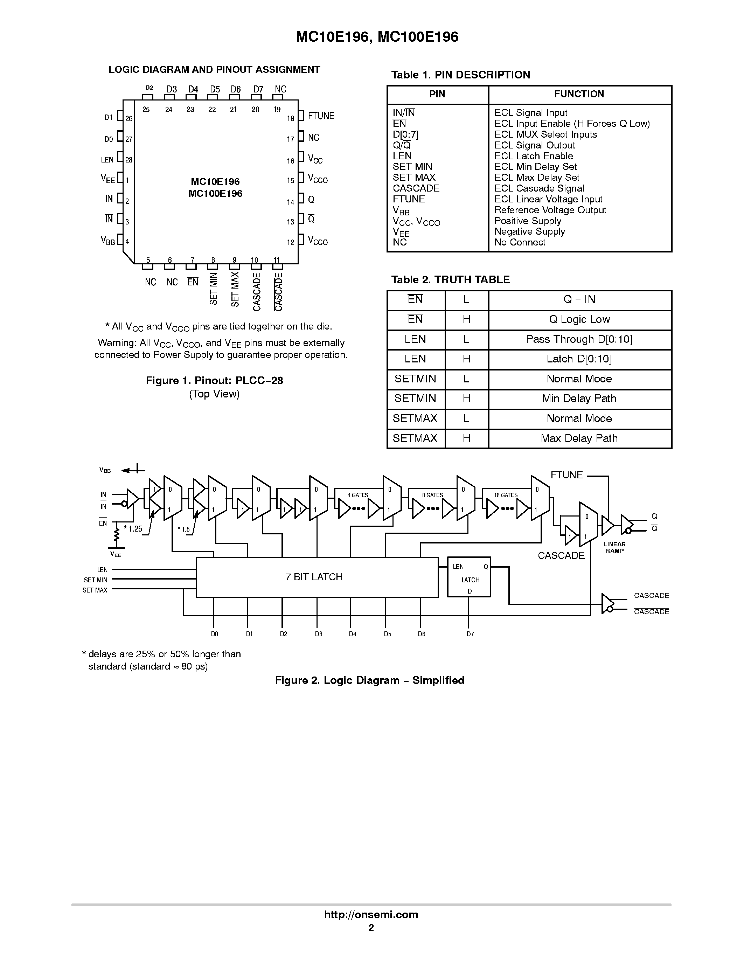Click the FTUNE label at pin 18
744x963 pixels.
click(321, 116)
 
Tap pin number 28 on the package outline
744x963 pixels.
click(129, 160)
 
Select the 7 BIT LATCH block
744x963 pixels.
click(314, 577)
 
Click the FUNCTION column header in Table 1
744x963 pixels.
click(579, 94)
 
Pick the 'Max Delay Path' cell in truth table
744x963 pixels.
click(579, 438)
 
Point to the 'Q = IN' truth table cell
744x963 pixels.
click(579, 299)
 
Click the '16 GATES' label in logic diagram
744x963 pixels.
click(506, 495)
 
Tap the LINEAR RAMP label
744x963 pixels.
click(614, 548)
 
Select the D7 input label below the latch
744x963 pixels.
click(470, 634)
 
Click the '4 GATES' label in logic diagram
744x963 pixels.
click(357, 495)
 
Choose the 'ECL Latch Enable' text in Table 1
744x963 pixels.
click(533, 156)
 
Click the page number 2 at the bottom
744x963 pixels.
click(371, 927)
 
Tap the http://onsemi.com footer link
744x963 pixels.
click(371, 914)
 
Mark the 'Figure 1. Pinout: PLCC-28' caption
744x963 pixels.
click(214, 381)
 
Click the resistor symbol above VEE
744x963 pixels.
click(117, 536)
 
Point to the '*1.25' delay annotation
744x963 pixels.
click(133, 529)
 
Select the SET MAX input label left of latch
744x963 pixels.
click(95, 590)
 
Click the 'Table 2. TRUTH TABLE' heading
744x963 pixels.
click(451, 279)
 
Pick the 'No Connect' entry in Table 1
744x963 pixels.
click(520, 242)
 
